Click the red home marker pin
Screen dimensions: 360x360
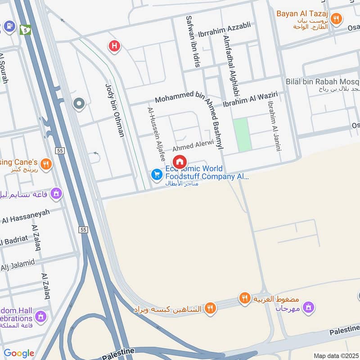(x=180, y=162)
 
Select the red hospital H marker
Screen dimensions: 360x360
(x=114, y=45)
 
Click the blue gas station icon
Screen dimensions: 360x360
(x=9, y=27)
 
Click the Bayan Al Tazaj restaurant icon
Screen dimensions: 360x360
(x=335, y=19)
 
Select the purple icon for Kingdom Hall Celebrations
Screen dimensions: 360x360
(x=40, y=316)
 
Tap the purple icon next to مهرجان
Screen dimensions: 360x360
(x=308, y=308)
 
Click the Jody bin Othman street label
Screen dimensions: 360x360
(x=114, y=110)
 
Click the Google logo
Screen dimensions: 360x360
(x=19, y=353)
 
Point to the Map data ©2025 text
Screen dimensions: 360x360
(x=335, y=355)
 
